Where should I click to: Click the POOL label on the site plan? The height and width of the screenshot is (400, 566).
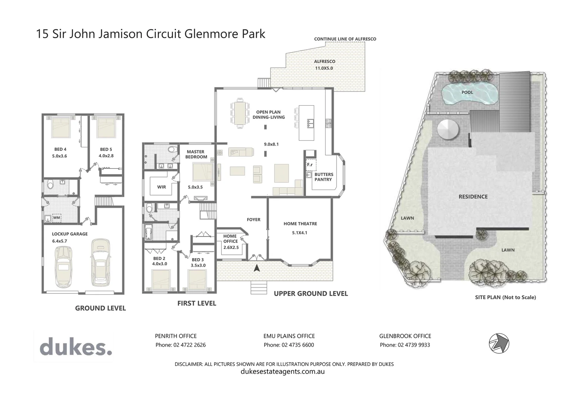pyautogui.click(x=467, y=92)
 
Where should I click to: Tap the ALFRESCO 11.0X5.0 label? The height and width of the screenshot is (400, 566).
pyautogui.click(x=324, y=65)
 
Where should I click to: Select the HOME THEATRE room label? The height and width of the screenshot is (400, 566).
pyautogui.click(x=300, y=224)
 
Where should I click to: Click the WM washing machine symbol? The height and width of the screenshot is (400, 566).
pyautogui.click(x=56, y=218)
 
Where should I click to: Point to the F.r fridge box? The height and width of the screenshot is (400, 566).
pyautogui.click(x=310, y=164)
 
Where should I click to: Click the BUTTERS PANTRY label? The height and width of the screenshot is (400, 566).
pyautogui.click(x=323, y=177)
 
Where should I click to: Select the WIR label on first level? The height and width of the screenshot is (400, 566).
pyautogui.click(x=162, y=187)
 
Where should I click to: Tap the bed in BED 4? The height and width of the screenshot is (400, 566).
pyautogui.click(x=61, y=127)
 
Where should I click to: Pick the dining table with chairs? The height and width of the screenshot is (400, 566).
pyautogui.click(x=240, y=113)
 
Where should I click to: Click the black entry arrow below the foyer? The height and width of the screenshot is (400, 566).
pyautogui.click(x=256, y=268)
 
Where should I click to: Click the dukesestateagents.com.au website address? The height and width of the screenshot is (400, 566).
pyautogui.click(x=283, y=371)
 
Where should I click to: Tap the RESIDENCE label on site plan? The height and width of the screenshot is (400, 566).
pyautogui.click(x=473, y=197)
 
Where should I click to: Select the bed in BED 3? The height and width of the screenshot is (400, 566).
pyautogui.click(x=197, y=280)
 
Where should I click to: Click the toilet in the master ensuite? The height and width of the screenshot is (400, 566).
pyautogui.click(x=171, y=150)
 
